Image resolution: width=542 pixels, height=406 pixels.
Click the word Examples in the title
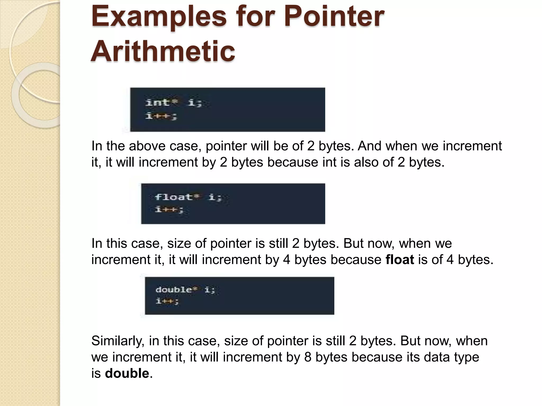[159, 16]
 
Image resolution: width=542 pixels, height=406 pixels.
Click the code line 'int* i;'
[174, 102]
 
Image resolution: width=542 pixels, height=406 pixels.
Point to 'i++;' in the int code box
[161, 116]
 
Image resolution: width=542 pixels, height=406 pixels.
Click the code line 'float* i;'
[188, 197]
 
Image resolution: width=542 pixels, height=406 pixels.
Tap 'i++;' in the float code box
[169, 210]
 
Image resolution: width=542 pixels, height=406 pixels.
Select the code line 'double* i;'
[185, 290]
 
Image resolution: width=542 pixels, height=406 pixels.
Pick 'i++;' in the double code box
[167, 301]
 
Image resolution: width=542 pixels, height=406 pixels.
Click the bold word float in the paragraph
[400, 260]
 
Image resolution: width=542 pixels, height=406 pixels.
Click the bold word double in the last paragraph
[127, 373]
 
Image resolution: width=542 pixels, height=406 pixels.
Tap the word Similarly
[118, 341]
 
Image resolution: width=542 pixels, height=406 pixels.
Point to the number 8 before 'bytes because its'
[308, 357]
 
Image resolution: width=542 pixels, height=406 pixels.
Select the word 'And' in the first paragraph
[369, 146]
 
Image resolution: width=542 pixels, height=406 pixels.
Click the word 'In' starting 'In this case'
[97, 243]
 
